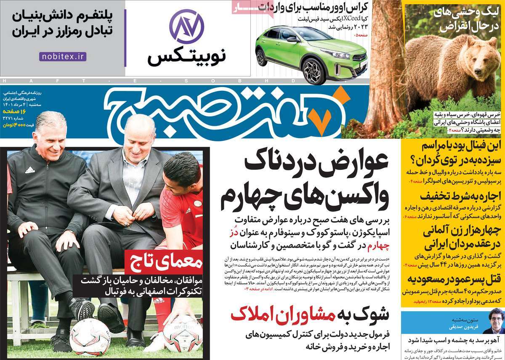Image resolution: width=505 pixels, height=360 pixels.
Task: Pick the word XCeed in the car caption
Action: pos(351,19)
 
